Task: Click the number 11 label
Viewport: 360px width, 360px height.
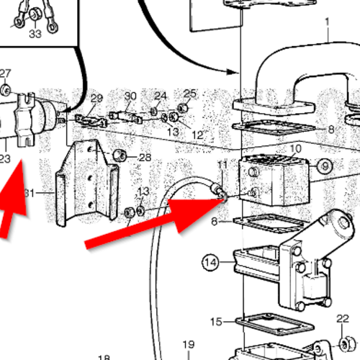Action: [x=222, y=165]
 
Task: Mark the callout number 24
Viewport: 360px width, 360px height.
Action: [x=161, y=96]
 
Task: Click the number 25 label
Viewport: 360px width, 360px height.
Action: [x=190, y=93]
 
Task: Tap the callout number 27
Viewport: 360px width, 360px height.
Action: [x=6, y=73]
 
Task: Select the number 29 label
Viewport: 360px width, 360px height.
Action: [x=96, y=98]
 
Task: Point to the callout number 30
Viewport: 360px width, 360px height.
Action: [x=130, y=96]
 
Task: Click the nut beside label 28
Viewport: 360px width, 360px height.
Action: [x=122, y=156]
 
